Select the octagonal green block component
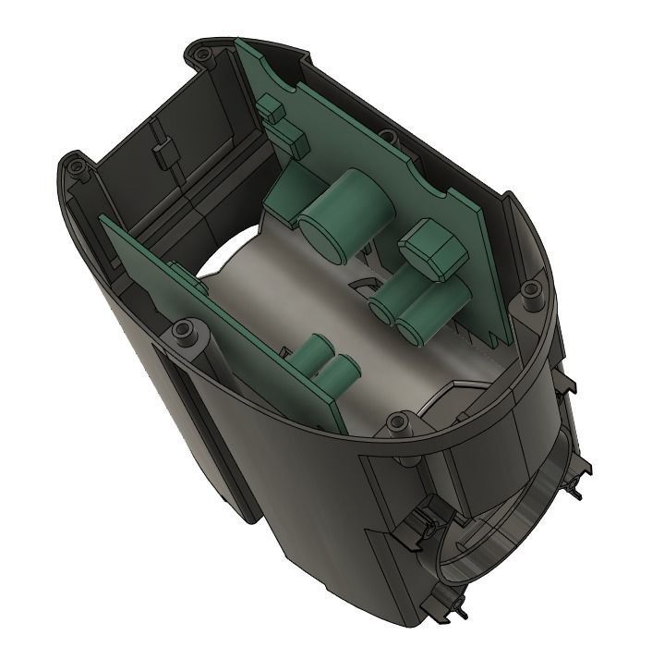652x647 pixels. pos(431,248)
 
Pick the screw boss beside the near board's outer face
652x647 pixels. pos(185,332)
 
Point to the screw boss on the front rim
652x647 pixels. pos(399,423)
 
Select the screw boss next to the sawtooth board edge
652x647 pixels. pos(530,293)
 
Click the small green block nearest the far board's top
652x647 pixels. pos(271,108)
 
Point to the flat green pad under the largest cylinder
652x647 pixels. pos(282,199)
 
